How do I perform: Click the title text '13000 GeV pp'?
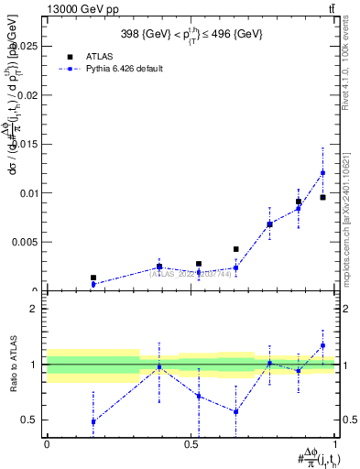click(81, 9)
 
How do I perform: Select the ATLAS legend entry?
click(99, 56)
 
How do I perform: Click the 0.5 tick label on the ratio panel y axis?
click(31, 420)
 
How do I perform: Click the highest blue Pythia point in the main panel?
click(322, 172)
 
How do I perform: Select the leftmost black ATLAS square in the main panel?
click(93, 278)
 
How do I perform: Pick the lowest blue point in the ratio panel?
click(93, 421)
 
